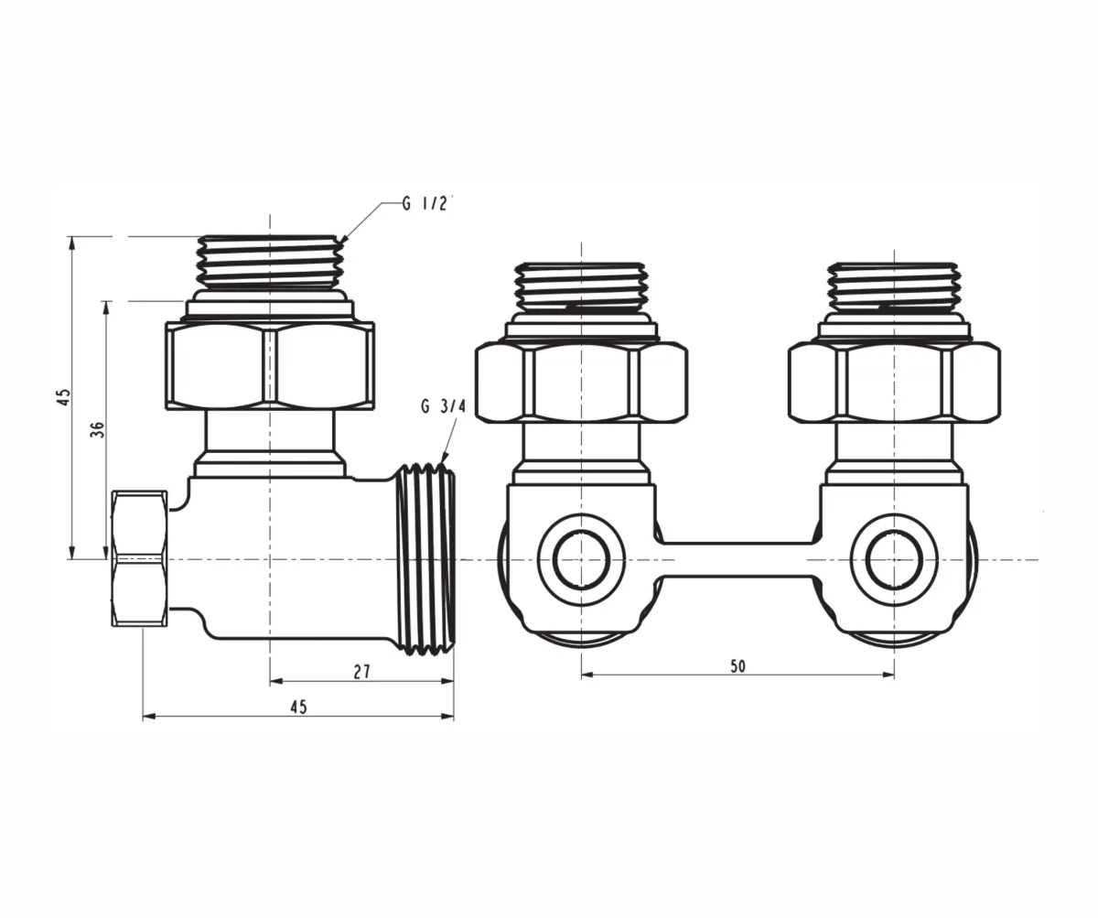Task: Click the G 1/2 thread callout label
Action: coord(425,203)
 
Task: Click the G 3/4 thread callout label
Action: coord(443,406)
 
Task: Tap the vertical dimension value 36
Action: coord(98,429)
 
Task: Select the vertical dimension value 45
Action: coord(63,396)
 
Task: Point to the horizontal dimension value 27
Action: coord(361,672)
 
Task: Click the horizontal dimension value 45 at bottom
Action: coord(298,707)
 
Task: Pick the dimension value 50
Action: coord(737,666)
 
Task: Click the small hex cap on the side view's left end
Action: coord(140,558)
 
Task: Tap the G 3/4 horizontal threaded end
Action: coord(425,558)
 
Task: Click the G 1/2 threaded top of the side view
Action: coord(270,262)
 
